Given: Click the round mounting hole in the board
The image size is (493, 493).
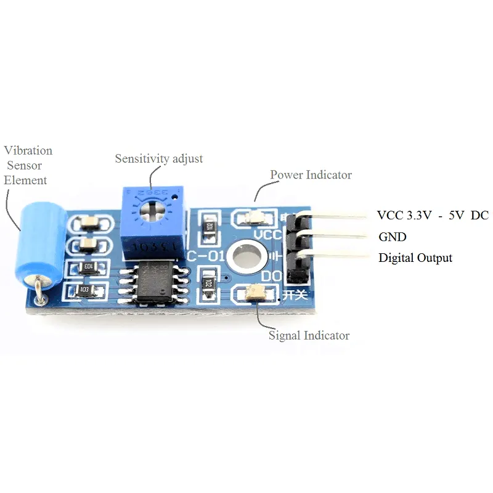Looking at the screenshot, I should (x=246, y=255).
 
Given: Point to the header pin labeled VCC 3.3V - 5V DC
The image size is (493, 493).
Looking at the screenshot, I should (x=339, y=215).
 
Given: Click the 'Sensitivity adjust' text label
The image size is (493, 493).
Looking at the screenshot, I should (x=158, y=158).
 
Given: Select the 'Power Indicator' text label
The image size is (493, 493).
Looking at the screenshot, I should (x=311, y=175).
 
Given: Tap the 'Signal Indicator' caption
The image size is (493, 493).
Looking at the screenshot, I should (x=309, y=336).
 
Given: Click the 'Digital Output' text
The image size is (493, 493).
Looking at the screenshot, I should (x=415, y=258).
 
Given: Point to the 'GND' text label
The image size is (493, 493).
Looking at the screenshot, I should (x=392, y=237).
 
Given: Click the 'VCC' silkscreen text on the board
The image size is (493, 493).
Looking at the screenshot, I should (x=267, y=235).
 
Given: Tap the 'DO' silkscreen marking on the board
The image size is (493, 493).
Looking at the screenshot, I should (x=272, y=277).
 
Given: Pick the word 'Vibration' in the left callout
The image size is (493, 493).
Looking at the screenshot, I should (x=28, y=150).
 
